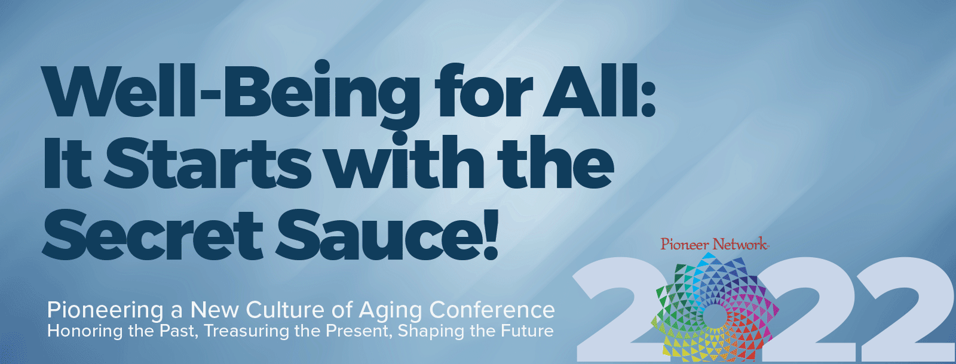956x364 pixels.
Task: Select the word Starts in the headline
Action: click(x=209, y=163)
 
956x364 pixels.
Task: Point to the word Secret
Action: click(x=152, y=235)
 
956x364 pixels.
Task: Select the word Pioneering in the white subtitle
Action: click(x=105, y=310)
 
